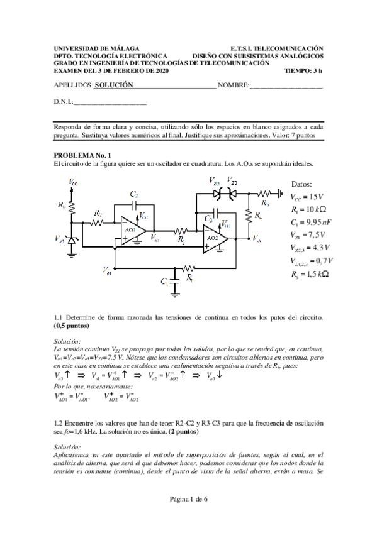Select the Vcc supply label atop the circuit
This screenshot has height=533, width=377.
[73, 182]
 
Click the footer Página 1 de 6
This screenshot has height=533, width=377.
[188, 517]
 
